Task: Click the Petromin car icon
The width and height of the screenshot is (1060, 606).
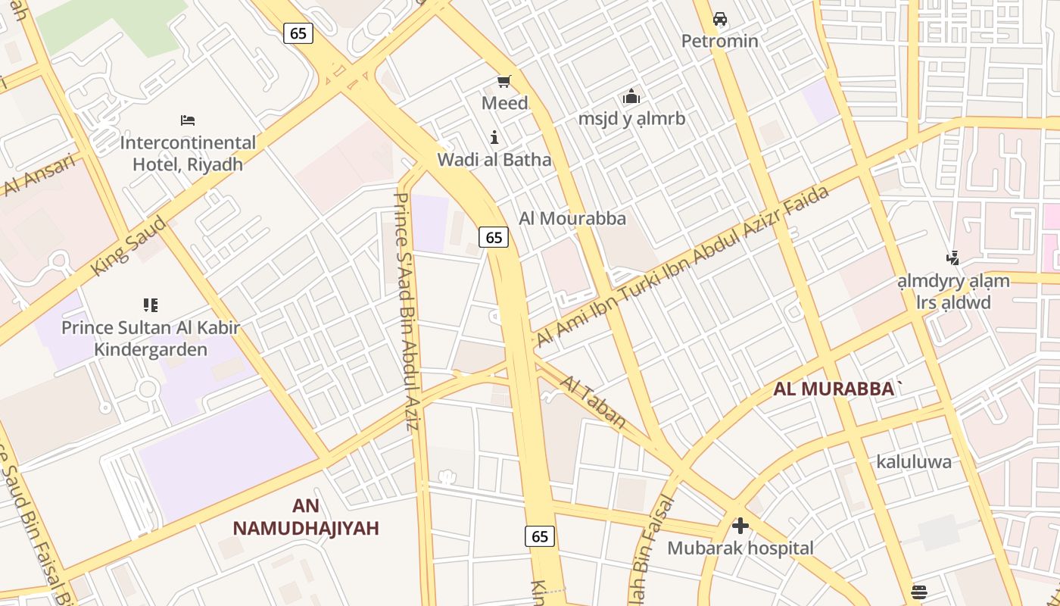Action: coord(720,19)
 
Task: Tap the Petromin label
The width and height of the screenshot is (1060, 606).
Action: coord(719,41)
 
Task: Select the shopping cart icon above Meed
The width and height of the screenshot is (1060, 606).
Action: coord(504,81)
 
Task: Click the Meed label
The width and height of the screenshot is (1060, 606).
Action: coord(505,102)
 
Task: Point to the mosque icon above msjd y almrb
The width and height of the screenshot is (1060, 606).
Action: coord(631,97)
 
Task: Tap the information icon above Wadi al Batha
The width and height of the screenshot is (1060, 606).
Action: coord(494,137)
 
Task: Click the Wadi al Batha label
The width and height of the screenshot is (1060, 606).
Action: coord(494,160)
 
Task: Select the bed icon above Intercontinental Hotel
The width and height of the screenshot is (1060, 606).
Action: coord(188,120)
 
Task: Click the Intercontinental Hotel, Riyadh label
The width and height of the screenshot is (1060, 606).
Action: coord(188,153)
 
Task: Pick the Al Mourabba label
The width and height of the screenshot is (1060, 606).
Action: coord(572,218)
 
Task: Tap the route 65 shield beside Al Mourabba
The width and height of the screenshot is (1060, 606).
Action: coord(494,237)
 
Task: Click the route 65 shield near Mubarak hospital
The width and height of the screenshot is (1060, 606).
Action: coord(540,536)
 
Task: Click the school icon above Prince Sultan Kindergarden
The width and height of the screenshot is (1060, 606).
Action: coord(150,305)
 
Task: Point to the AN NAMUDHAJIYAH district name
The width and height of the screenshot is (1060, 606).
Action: coord(305,517)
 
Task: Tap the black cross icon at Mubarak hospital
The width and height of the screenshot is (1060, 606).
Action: coord(740,526)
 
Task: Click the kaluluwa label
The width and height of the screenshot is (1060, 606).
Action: coord(914,461)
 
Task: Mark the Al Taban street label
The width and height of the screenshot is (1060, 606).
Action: coord(594,400)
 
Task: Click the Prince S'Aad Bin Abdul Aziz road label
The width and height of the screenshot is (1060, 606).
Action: coord(406,311)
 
